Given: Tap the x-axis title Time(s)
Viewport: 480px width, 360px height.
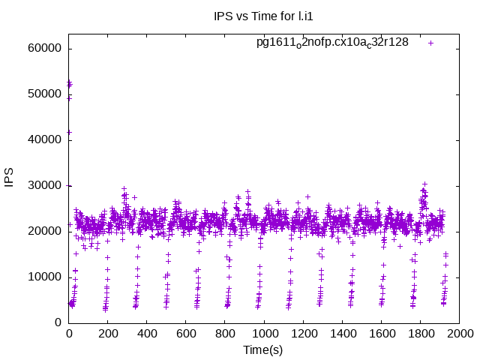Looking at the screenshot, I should pos(262,349).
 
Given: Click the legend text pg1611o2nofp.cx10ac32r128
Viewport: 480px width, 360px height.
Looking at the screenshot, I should pos(332,43).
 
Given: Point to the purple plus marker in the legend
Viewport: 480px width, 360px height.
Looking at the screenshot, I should pos(431,43).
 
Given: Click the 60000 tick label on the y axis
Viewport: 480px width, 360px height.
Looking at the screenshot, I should pos(43,49).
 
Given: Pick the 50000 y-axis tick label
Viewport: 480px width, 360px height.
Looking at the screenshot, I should pos(43,94).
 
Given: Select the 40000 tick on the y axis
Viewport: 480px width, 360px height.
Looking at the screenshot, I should pos(43,140).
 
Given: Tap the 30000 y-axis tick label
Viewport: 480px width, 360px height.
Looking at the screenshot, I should pos(43,186).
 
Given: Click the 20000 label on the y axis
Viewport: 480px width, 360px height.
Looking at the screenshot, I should pos(43,232).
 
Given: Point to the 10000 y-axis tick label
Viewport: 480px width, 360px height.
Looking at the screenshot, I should pos(43,277).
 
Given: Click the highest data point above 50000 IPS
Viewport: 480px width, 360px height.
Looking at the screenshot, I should pos(69,82).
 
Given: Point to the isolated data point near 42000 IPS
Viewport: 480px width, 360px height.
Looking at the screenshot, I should pos(69,132).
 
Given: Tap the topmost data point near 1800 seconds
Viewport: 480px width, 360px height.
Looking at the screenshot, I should pos(424,184).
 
